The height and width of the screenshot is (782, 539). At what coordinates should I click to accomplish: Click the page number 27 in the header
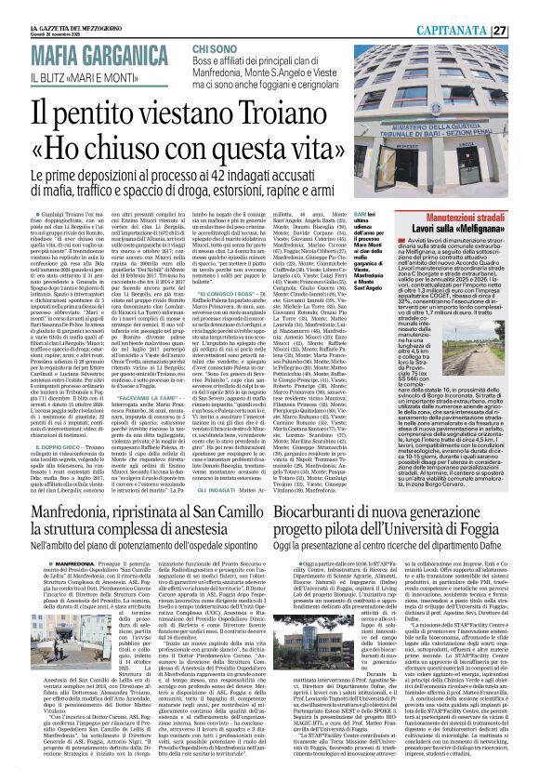(525, 7)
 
